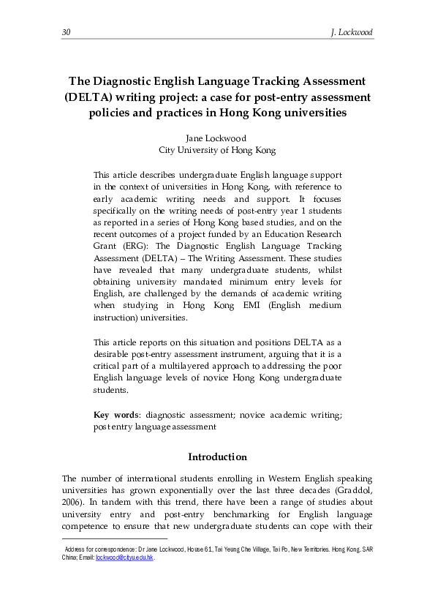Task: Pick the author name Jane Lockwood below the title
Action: point(217,138)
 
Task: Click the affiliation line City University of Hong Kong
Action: point(217,149)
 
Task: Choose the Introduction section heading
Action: point(217,457)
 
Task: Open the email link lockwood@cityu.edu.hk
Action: point(124,557)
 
